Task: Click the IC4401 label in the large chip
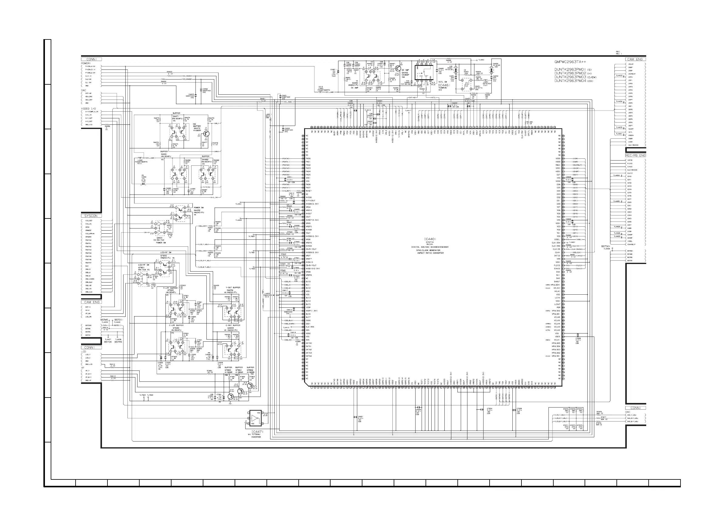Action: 429,239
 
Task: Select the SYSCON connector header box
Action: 91,216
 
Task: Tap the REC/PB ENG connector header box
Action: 636,156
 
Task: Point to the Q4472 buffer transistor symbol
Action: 206,134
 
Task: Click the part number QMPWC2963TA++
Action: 570,62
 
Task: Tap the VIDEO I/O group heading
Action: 89,109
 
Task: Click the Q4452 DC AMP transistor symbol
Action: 397,68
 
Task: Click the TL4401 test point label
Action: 238,204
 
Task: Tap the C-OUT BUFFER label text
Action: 233,326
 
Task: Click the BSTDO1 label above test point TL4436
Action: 606,246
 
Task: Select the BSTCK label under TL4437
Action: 108,342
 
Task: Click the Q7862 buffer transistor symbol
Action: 250,386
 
